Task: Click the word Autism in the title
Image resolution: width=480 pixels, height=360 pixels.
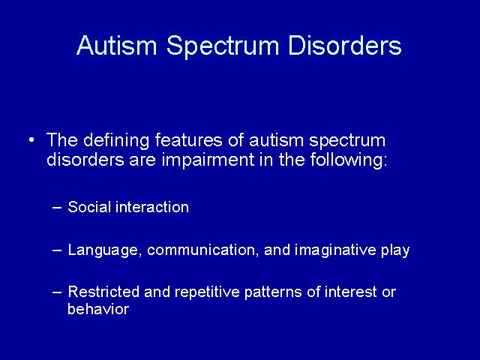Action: [x=117, y=45]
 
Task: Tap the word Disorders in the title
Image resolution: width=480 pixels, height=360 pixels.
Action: [x=344, y=45]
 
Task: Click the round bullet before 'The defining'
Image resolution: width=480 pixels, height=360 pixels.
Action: [x=31, y=140]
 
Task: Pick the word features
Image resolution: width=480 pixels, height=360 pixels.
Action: [x=188, y=140]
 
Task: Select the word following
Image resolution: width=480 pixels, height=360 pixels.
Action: [x=348, y=160]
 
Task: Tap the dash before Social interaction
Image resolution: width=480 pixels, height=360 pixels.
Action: [x=57, y=208]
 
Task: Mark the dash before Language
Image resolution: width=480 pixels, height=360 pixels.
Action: [x=57, y=250]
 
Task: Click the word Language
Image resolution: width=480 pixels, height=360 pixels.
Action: [x=105, y=250]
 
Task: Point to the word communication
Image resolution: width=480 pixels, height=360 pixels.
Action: [x=202, y=250]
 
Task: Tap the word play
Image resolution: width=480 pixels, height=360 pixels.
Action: [x=395, y=250]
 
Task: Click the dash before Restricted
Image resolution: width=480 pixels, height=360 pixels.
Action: [x=57, y=292]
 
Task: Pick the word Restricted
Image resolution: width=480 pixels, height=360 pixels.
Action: [x=103, y=292]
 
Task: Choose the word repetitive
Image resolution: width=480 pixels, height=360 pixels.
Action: [x=207, y=292]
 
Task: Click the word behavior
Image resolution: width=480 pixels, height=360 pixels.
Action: [x=98, y=308]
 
